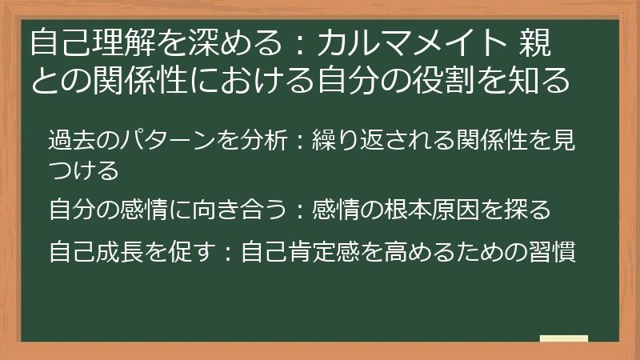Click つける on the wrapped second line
(84, 169)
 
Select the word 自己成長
(97, 252)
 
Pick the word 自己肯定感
(302, 252)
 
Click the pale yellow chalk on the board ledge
(563, 338)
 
